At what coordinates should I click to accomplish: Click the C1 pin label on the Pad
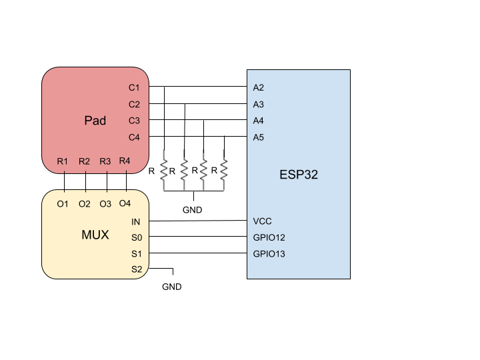134,87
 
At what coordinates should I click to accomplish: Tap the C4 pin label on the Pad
134,137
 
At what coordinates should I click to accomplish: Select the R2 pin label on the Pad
84,161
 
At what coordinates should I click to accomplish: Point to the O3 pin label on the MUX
105,204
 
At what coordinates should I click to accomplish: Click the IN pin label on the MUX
135,221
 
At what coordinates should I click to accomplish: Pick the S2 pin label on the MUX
137,269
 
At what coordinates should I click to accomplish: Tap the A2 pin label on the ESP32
259,87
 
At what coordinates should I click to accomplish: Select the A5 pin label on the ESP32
259,137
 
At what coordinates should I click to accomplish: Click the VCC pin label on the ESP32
263,221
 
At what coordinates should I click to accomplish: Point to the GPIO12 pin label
269,237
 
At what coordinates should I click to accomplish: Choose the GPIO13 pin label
269,254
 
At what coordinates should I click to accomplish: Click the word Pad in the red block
95,120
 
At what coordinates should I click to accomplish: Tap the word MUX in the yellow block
95,235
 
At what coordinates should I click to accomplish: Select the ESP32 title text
299,175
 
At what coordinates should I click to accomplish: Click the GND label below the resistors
192,210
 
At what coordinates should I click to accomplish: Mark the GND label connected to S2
172,287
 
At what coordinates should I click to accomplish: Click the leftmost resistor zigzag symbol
164,170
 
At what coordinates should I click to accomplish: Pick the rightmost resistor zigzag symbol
224,170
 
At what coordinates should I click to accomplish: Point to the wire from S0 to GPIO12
198,236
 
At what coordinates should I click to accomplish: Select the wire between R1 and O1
64,182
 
